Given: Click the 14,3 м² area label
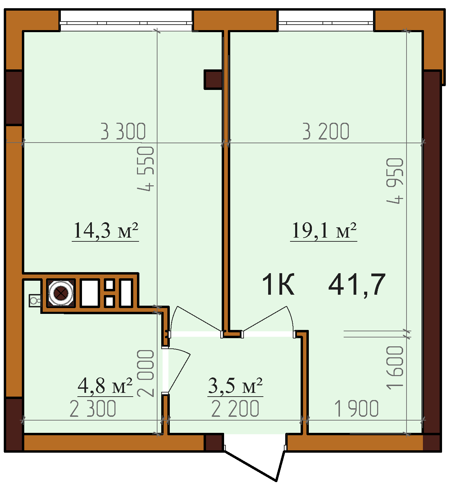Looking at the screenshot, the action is pyautogui.click(x=106, y=230).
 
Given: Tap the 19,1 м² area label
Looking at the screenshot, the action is pyautogui.click(x=324, y=230).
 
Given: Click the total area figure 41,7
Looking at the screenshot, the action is pyautogui.click(x=357, y=285).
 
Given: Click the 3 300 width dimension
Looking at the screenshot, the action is pyautogui.click(x=123, y=131).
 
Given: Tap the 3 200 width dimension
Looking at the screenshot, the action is pyautogui.click(x=326, y=131).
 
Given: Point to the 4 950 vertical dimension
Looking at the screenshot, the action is pyautogui.click(x=395, y=181).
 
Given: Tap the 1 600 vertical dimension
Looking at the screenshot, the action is pyautogui.click(x=395, y=368).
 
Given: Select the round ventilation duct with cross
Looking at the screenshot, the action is pyautogui.click(x=61, y=293).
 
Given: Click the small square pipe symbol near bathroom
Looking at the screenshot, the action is pyautogui.click(x=35, y=301).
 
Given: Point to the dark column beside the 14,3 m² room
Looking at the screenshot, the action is pyautogui.click(x=212, y=79).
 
